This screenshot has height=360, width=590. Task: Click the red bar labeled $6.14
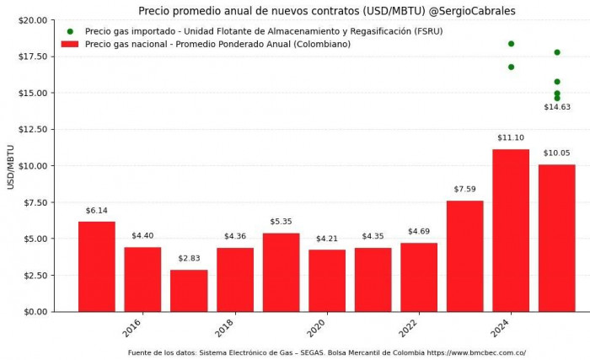tap(96, 266)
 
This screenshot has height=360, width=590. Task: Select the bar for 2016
tap(142, 279)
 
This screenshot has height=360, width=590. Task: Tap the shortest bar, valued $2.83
tap(189, 291)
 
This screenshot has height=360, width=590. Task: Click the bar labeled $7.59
tap(464, 256)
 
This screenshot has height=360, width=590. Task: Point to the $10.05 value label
tap(556, 153)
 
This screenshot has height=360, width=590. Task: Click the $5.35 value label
tap(281, 222)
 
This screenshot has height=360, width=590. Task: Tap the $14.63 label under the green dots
tap(557, 107)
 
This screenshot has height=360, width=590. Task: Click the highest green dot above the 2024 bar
tap(511, 44)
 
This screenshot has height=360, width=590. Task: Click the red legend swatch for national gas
tap(69, 44)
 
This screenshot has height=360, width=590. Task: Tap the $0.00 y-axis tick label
tap(36, 312)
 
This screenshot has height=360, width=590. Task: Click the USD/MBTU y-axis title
tap(10, 166)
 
